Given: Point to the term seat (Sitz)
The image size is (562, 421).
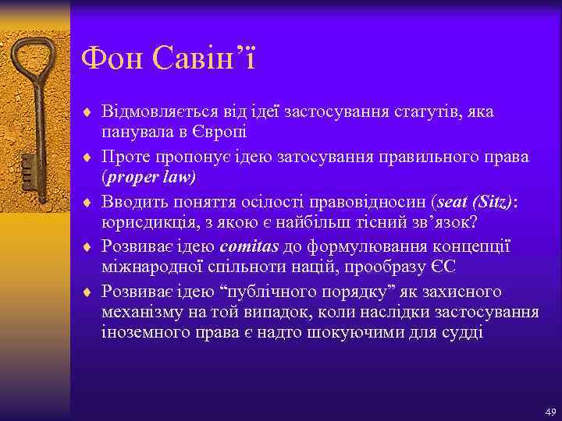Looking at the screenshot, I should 475,202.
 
